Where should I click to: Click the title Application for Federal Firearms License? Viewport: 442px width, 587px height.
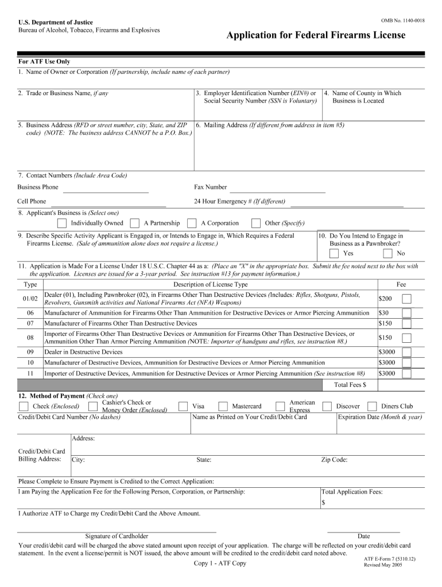(x=316, y=36)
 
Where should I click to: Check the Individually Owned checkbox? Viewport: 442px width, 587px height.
(x=62, y=223)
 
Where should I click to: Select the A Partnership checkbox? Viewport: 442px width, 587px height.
(x=135, y=223)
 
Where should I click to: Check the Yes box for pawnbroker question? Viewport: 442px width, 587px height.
(x=334, y=253)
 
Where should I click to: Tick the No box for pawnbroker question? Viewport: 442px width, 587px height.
(x=387, y=253)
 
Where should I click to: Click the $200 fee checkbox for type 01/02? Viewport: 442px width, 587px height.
(x=406, y=299)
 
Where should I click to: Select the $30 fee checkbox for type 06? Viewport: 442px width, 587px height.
(x=406, y=313)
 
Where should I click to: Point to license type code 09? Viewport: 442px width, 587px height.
(x=30, y=351)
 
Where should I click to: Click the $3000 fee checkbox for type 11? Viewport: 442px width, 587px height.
(x=406, y=374)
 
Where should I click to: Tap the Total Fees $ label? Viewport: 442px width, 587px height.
(x=350, y=385)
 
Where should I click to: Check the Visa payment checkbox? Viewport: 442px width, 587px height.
(x=183, y=406)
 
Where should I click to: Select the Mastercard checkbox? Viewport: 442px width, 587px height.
(x=223, y=406)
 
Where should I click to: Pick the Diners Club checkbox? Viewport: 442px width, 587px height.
(x=372, y=406)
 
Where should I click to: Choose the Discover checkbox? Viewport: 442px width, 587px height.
(x=327, y=406)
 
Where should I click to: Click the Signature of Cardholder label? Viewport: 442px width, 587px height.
(x=117, y=536)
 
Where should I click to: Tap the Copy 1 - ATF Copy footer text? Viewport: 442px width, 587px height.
(x=220, y=563)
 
